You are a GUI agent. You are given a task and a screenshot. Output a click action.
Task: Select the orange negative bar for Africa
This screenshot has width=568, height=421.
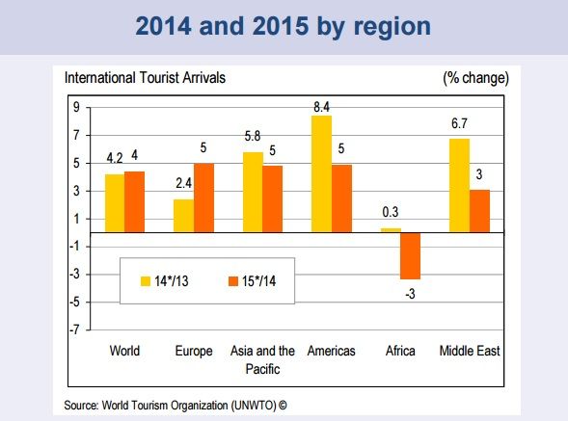click(x=411, y=255)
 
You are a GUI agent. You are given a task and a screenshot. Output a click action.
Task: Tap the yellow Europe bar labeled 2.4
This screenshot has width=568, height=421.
click(x=182, y=216)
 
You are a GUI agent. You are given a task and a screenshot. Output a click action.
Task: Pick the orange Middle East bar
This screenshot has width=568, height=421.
click(x=479, y=211)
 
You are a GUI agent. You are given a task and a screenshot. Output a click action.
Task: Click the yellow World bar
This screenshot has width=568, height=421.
click(x=115, y=203)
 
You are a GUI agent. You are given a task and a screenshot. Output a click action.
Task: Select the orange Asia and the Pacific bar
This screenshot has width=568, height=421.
click(x=273, y=199)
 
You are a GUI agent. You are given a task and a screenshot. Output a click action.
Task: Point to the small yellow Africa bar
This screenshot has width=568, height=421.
click(x=391, y=230)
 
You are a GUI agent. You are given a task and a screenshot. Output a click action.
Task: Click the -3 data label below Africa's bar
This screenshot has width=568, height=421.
click(x=412, y=293)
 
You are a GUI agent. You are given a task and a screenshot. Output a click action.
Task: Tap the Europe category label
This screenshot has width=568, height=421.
click(x=194, y=352)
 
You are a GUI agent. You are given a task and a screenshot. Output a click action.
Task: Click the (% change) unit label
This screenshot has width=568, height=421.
click(x=474, y=76)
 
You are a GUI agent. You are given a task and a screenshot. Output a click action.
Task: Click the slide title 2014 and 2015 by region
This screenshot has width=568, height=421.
click(x=284, y=26)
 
